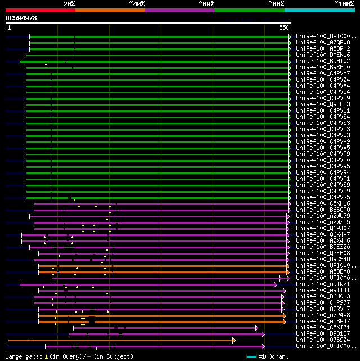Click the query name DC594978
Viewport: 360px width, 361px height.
tap(21, 18)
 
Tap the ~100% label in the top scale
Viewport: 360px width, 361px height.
tap(343, 4)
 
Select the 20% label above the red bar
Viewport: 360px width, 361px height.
tap(69, 4)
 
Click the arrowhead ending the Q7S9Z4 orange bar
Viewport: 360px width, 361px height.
tap(233, 340)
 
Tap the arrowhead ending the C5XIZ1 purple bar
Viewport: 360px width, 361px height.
tap(256, 327)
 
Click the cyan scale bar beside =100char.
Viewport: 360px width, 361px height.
tap(251, 356)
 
